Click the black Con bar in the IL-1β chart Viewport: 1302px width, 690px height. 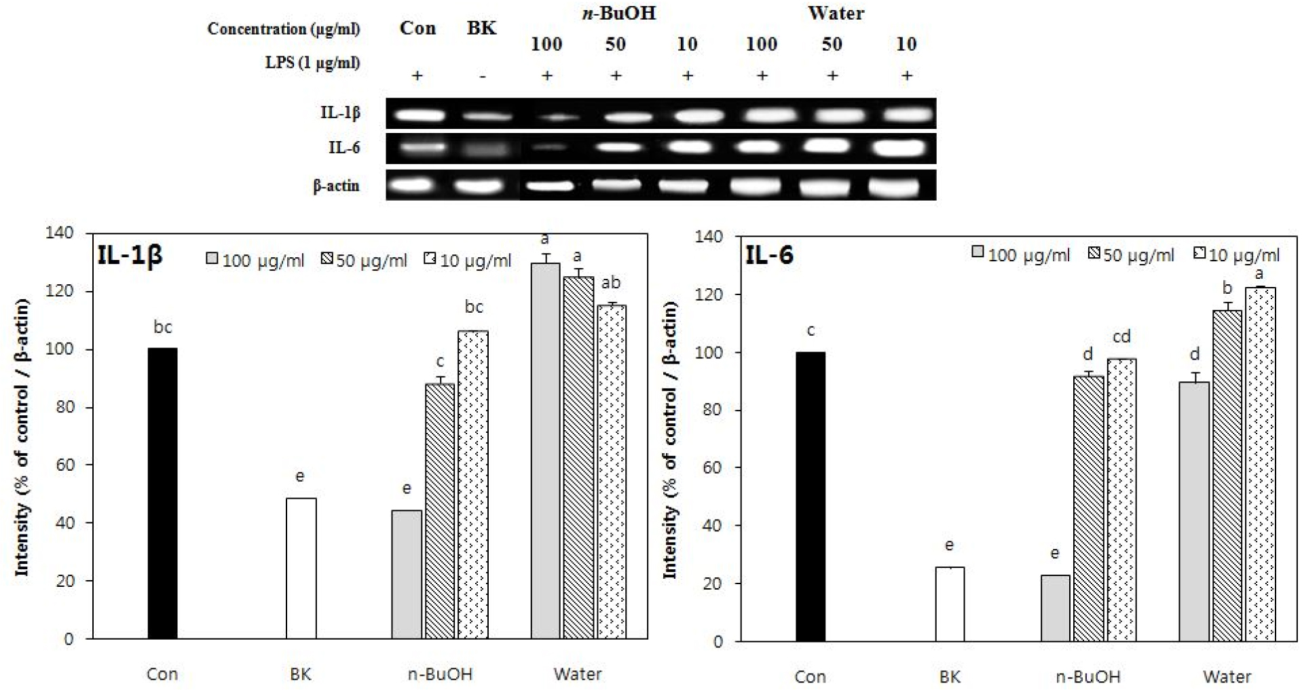162,493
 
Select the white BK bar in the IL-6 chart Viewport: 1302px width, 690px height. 949,604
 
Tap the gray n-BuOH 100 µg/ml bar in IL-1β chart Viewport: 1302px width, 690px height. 406,574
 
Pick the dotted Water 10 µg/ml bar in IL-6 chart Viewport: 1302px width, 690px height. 1260,464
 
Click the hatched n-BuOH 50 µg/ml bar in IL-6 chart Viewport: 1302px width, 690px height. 1088,508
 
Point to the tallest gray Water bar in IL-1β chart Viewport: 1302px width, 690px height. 544,451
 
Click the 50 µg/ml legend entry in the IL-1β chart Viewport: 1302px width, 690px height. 365,261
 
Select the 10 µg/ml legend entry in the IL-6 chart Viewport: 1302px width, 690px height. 1237,255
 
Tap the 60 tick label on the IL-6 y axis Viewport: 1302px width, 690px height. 712,467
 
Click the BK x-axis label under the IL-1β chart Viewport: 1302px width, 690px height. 300,674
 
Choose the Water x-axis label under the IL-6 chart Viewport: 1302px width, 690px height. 1227,676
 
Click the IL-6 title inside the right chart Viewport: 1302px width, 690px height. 769,255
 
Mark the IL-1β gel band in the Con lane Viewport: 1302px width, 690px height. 419,114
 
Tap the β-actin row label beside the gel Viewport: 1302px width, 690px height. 336,186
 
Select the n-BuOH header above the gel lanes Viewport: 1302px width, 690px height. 618,13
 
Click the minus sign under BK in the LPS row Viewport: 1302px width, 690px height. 482,76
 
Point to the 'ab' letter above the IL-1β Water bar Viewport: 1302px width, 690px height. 611,283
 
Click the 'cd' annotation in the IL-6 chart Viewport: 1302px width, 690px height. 1121,337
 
